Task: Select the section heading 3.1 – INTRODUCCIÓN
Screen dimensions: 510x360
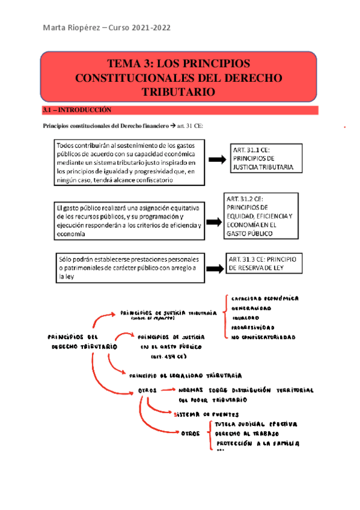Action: coord(78,110)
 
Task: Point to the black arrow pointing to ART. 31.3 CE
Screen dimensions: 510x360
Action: coord(215,262)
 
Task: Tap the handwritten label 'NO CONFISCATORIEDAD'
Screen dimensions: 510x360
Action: coord(263,337)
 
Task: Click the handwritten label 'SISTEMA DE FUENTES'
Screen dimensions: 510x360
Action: coord(206,414)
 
